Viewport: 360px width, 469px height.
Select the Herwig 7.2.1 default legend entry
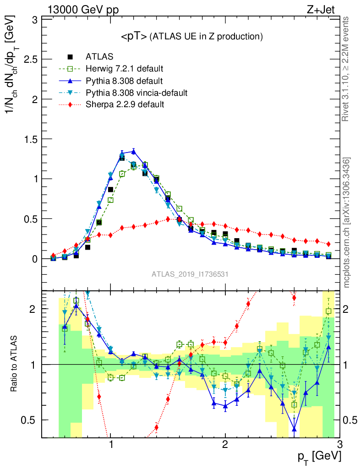[125, 69]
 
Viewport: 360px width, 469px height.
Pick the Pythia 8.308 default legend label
[124, 81]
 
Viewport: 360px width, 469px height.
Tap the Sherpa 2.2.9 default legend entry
[125, 105]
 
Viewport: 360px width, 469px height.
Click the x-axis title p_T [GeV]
[320, 456]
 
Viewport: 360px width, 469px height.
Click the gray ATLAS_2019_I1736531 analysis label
[190, 274]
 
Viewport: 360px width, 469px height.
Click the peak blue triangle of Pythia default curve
[133, 151]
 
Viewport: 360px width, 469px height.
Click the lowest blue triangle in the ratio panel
[294, 429]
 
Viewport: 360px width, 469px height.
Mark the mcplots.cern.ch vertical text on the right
[347, 223]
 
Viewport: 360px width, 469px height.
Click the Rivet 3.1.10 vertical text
[347, 69]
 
